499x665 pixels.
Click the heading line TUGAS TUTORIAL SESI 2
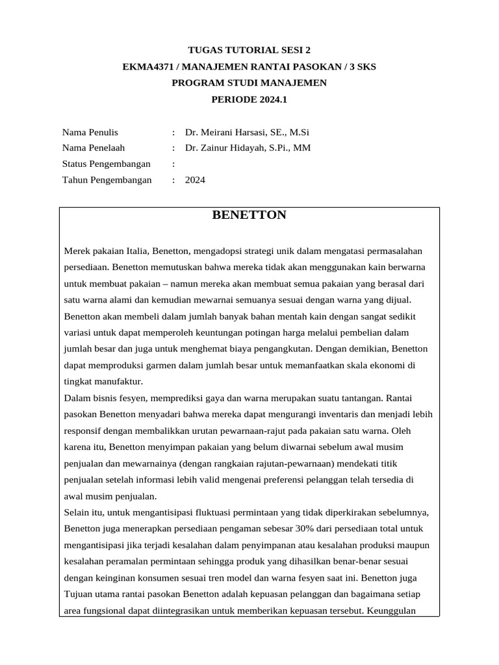249,49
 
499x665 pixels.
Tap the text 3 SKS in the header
361,66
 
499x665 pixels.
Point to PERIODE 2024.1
249,99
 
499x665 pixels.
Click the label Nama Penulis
90,132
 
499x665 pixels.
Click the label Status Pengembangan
106,164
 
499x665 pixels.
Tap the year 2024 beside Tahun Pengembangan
195,180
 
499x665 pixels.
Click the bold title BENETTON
249,215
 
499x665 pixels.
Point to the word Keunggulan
396,610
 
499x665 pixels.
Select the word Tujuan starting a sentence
79,594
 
